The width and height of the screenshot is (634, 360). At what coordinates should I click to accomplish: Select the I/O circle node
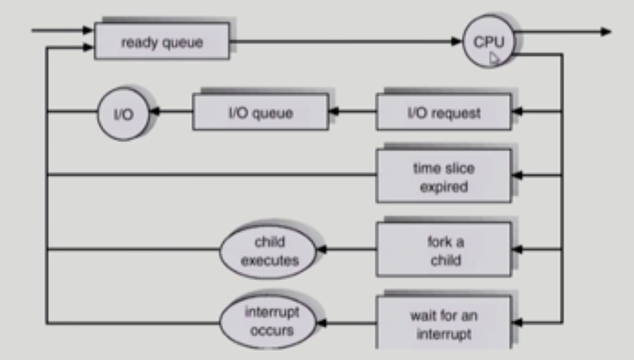pos(123,114)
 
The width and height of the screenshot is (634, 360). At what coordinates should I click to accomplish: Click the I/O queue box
pos(260,113)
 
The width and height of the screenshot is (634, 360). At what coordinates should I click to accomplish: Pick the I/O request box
pos(443,113)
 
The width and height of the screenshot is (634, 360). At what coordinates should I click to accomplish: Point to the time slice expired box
pos(443,177)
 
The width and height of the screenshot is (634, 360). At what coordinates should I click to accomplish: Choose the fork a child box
pos(443,250)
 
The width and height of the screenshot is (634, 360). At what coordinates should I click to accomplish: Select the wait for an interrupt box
pos(443,324)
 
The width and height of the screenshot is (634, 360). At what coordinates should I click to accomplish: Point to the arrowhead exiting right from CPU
pos(606,31)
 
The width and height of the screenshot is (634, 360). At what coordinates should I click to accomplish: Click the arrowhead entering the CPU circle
pos(458,42)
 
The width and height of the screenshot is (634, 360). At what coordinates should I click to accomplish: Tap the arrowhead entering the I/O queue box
pos(333,112)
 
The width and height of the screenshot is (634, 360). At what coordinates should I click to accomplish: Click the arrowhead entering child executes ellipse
pos(321,249)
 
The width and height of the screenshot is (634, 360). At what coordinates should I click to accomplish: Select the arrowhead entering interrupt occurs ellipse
pos(321,324)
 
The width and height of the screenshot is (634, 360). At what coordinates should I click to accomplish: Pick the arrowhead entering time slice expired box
pos(516,176)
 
